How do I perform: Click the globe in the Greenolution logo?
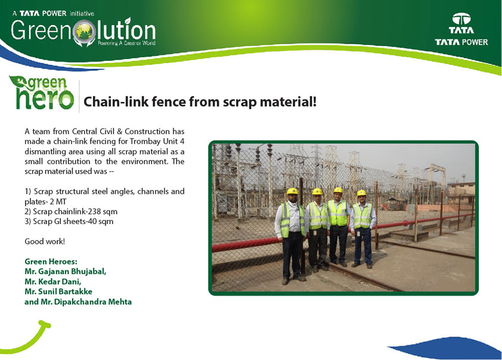(x=85, y=32)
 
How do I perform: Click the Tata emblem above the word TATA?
(x=461, y=19)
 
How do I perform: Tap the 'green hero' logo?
(x=42, y=93)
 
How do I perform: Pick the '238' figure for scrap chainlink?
(x=95, y=212)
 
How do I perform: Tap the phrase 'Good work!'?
(x=45, y=241)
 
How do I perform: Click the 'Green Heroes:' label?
(x=51, y=262)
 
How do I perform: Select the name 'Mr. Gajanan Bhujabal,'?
(x=66, y=271)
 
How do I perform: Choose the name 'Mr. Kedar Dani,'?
(x=53, y=281)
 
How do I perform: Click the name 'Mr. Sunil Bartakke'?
(x=58, y=291)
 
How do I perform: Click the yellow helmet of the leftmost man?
(x=292, y=191)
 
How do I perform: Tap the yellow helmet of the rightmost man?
(x=361, y=193)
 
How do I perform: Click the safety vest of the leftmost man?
(x=292, y=219)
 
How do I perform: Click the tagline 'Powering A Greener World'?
(x=126, y=43)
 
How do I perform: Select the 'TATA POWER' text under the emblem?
(x=461, y=42)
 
